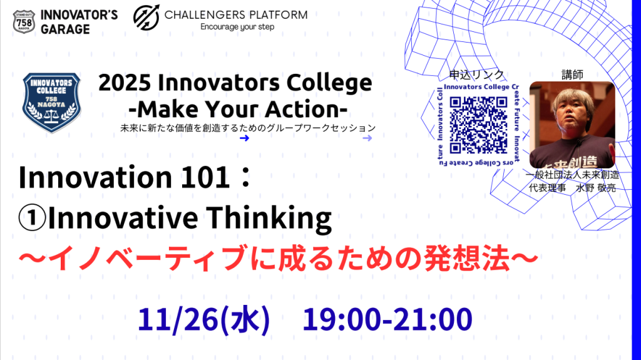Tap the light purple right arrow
(x=367, y=138)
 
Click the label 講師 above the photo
(x=572, y=75)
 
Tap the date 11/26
(x=177, y=320)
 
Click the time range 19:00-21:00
(x=387, y=320)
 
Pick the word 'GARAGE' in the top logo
(x=66, y=28)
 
